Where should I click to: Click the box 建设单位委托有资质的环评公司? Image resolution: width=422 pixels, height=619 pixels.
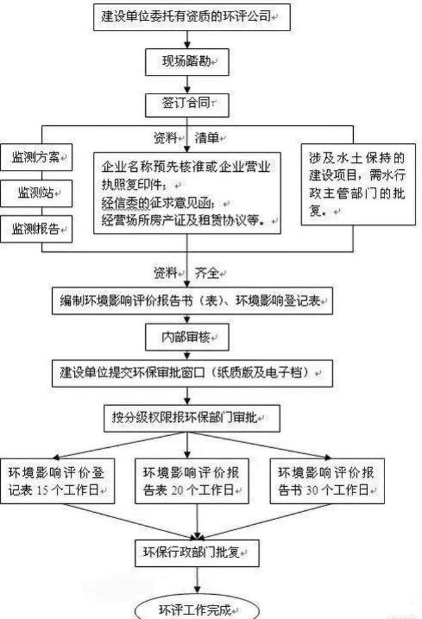[192, 17]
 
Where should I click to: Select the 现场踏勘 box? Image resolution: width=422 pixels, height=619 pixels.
[187, 62]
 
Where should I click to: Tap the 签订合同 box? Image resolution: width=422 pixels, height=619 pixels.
[187, 104]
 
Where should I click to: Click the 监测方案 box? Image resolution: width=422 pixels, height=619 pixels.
[36, 158]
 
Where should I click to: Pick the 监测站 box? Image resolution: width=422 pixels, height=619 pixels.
[36, 193]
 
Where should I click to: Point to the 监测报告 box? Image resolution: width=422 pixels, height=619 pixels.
[36, 229]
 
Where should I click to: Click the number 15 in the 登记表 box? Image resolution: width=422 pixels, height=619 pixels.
[43, 490]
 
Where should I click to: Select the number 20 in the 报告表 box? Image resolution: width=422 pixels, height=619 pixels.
[178, 490]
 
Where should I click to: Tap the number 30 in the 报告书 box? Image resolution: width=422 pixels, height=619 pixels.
[312, 490]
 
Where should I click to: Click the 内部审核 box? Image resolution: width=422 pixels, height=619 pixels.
[187, 338]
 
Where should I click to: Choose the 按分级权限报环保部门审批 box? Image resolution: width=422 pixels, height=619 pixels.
[192, 418]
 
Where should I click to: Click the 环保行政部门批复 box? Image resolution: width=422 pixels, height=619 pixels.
[197, 553]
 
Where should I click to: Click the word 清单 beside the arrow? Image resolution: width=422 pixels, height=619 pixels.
[207, 138]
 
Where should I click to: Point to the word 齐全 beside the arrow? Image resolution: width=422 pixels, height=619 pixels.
[207, 273]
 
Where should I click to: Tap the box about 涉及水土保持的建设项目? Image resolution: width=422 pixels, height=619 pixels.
[358, 184]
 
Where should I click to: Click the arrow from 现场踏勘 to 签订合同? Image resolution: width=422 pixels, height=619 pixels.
[187, 85]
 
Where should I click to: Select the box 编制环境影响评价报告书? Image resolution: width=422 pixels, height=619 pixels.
[192, 301]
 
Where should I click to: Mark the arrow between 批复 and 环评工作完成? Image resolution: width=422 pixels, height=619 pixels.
[197, 583]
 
